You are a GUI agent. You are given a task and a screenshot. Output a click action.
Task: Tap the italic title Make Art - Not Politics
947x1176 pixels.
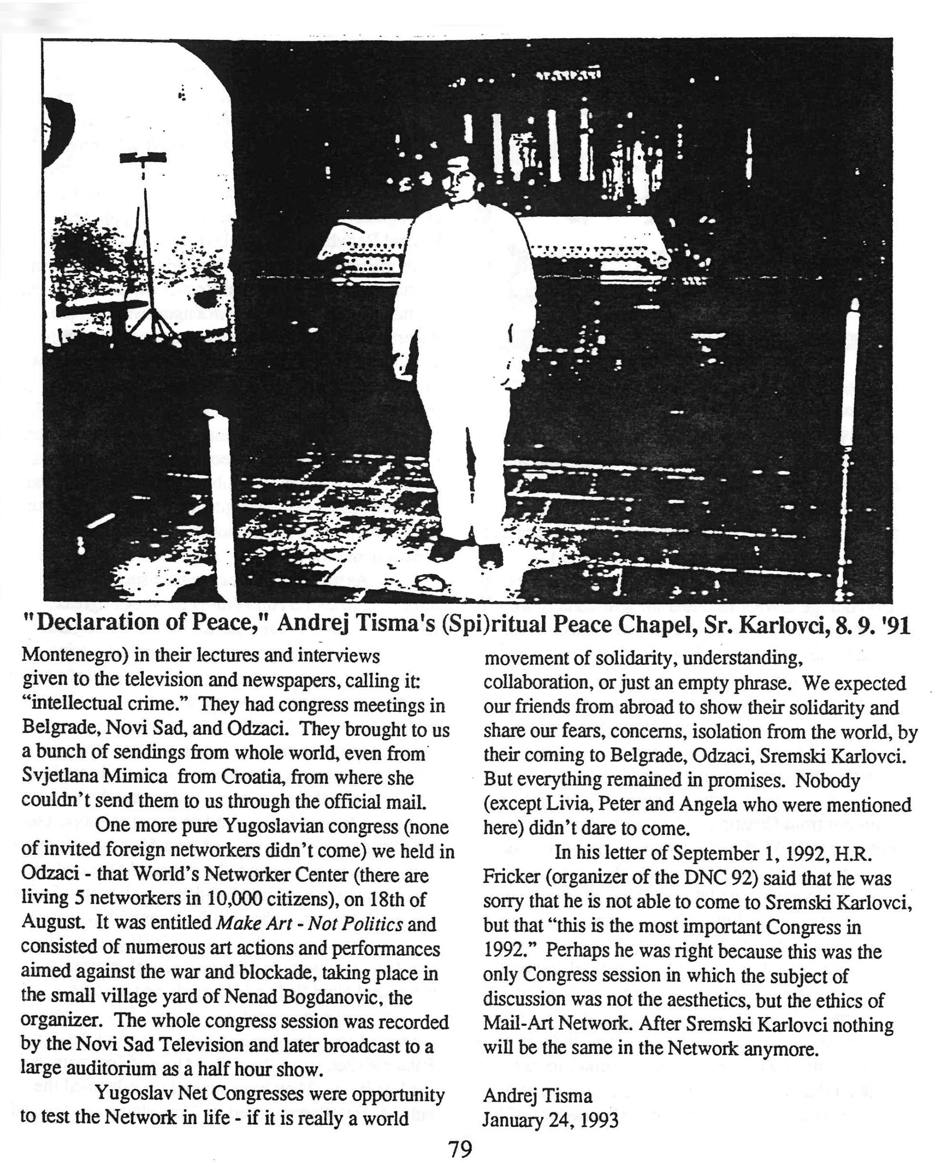pyautogui.click(x=309, y=924)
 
